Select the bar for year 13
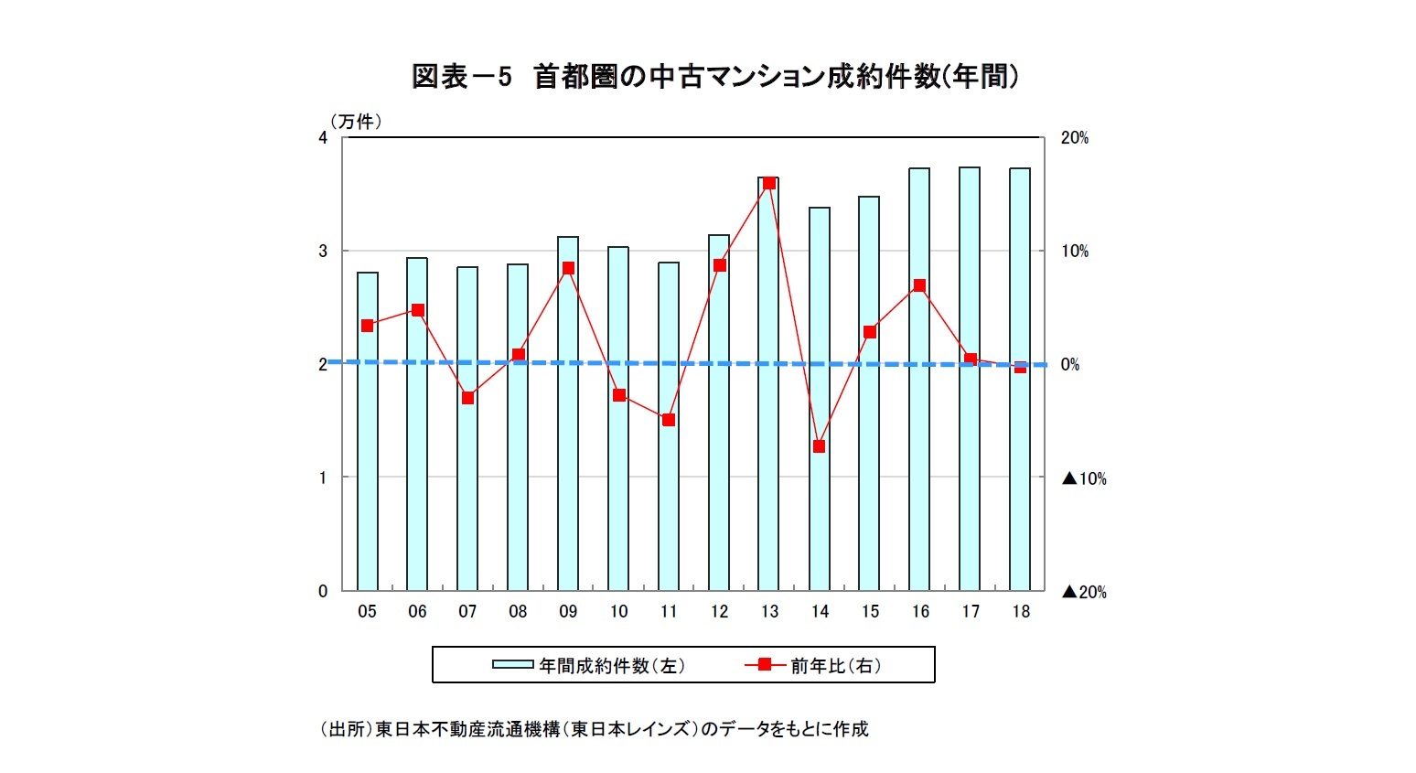768,384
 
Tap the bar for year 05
367,431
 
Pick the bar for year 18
1020,379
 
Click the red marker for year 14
820,446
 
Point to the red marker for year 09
568,268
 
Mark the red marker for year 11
669,420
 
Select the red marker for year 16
919,285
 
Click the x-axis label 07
467,612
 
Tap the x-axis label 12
719,612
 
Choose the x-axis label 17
970,612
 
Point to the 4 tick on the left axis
323,138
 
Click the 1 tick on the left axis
323,478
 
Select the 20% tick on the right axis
1075,138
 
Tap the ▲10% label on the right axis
1084,478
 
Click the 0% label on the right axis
1070,365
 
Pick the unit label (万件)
356,122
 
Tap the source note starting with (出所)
594,729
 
